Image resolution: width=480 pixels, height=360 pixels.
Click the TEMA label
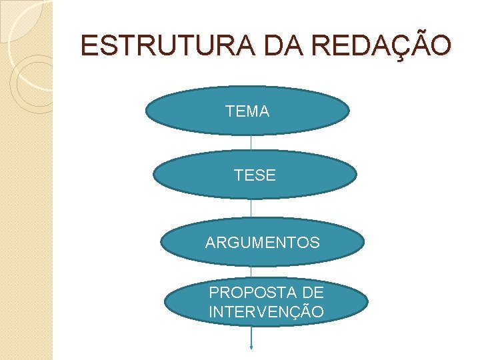point(247,112)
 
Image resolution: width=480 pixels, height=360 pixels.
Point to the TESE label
point(255,175)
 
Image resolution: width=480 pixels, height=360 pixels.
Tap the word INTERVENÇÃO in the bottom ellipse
point(267,312)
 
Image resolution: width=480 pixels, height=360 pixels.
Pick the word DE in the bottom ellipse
point(312,293)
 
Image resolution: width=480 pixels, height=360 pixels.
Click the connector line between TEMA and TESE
point(251,143)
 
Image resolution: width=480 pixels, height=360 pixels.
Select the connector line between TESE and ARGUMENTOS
point(251,208)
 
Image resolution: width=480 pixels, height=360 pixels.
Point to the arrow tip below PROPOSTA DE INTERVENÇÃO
point(251,347)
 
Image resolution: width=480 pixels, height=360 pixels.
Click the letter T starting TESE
point(238,175)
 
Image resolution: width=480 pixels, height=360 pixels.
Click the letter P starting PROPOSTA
point(214,293)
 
